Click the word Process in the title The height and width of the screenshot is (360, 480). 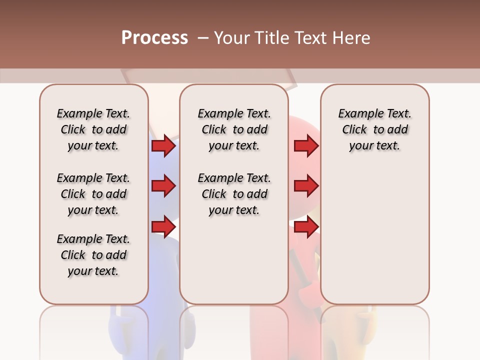(x=154, y=38)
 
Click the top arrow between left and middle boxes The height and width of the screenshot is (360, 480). (x=163, y=146)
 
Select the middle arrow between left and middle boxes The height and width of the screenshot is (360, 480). (x=163, y=186)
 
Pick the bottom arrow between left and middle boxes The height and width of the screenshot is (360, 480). (x=163, y=227)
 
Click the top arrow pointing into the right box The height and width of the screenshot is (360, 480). (x=306, y=146)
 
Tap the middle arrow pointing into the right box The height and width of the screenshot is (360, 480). (x=306, y=186)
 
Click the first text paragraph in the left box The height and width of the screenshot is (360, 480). (x=93, y=129)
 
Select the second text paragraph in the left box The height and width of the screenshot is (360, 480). (x=93, y=194)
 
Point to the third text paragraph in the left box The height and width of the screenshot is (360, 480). (x=93, y=255)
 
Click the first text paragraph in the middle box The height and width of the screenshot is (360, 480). (x=234, y=129)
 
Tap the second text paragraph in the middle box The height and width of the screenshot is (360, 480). (x=234, y=194)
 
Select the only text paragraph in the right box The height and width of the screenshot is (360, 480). (x=374, y=129)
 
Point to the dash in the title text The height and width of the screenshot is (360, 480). (x=203, y=38)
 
